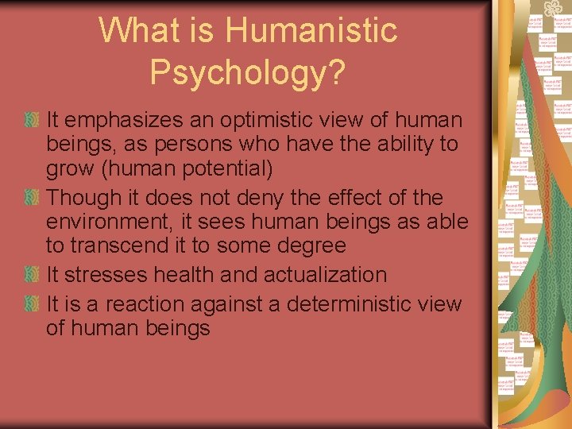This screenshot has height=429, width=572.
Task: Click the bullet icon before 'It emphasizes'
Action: [32, 121]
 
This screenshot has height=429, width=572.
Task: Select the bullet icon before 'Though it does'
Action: [32, 197]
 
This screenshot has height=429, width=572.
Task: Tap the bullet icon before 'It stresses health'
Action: [32, 275]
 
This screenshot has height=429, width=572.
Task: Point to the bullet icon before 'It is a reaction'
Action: [32, 304]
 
